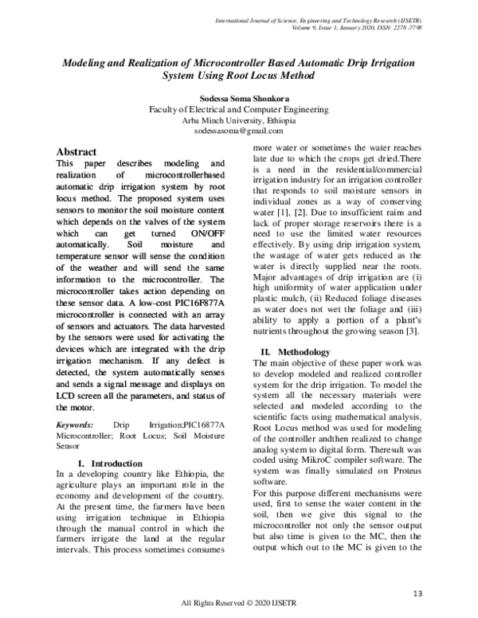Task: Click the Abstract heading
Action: (x=76, y=151)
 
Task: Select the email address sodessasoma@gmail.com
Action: (x=239, y=130)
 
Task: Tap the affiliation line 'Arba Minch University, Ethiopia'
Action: (x=239, y=119)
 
